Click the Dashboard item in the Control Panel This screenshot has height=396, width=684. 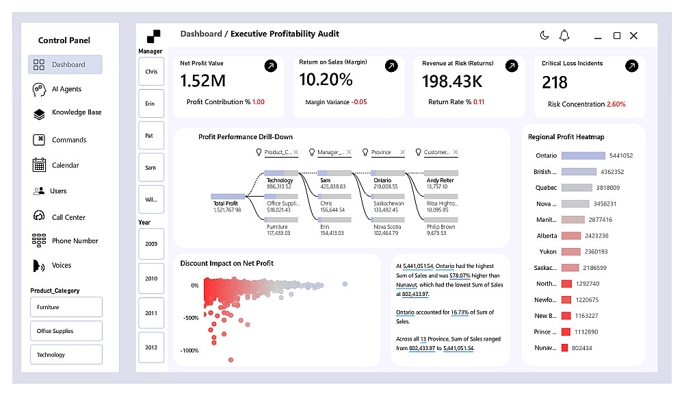tap(66, 64)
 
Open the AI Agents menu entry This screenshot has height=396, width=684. tap(66, 89)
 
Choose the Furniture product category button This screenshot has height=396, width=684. tap(66, 307)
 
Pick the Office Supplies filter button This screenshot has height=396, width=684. tap(66, 331)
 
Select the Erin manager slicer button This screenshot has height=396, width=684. tap(150, 103)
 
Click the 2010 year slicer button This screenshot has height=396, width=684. tap(150, 279)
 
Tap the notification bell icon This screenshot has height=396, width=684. tap(564, 36)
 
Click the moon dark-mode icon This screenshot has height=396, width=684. tap(544, 36)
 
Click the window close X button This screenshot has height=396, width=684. tap(633, 36)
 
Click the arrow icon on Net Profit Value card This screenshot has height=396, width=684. tap(271, 66)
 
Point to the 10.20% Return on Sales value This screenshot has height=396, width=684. tap(326, 80)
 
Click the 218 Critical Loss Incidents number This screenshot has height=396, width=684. tap(555, 82)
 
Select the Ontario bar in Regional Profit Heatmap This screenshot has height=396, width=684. tap(583, 156)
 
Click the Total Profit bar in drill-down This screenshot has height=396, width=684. tap(228, 196)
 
